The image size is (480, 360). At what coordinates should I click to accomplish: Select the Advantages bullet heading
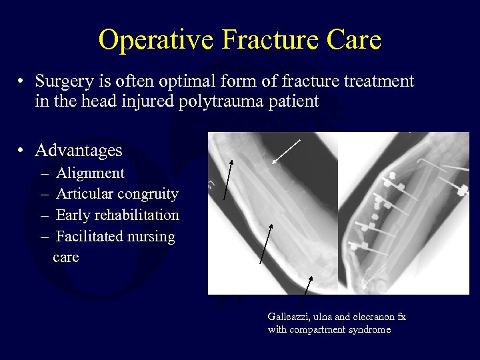coord(79,150)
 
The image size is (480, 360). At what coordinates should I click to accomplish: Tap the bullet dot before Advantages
coord(21,150)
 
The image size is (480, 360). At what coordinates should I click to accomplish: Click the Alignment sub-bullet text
coord(90,173)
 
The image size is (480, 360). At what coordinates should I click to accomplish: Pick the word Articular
coord(84,194)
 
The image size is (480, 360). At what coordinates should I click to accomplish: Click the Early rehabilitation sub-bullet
coord(117,215)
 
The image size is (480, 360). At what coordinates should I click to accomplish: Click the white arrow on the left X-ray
coord(286,151)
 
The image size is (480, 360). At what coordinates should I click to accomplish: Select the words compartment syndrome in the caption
coord(339,329)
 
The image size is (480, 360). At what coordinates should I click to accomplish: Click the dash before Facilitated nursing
coord(44,237)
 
